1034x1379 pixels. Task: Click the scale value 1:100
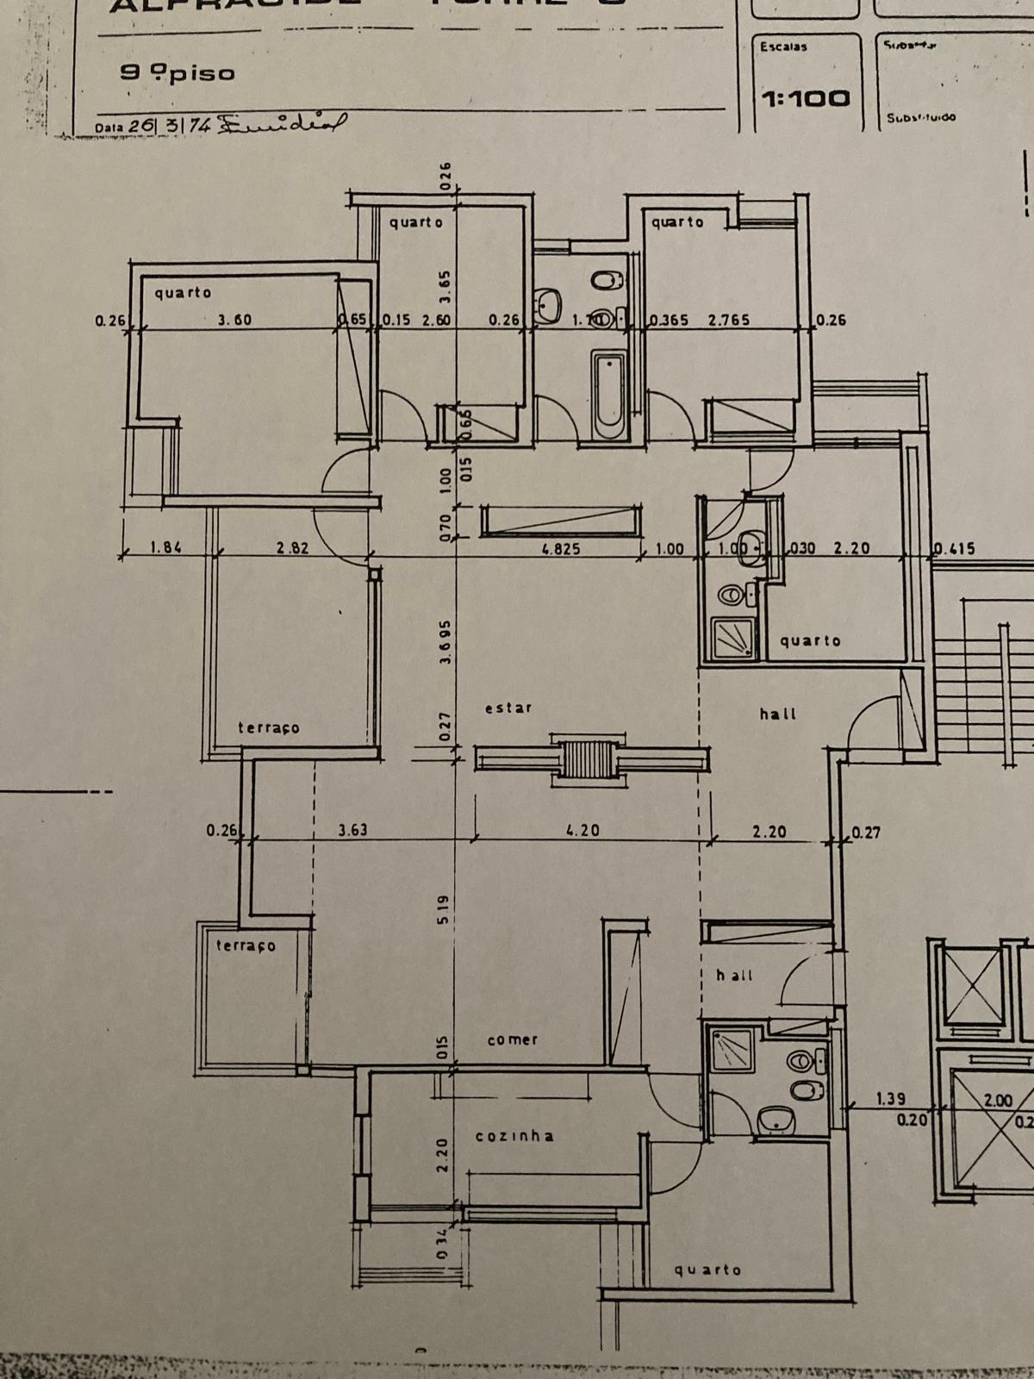click(x=806, y=98)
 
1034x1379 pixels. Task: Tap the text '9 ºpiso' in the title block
click(x=178, y=73)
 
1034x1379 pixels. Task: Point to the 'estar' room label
click(x=508, y=708)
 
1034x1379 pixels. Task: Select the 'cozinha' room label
click(x=514, y=1136)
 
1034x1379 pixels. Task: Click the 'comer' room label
click(x=513, y=1039)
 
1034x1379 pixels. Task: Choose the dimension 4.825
click(x=561, y=548)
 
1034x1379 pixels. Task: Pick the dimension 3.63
click(x=352, y=831)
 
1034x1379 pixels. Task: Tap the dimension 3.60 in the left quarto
click(x=234, y=320)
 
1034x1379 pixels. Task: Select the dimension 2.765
click(x=729, y=320)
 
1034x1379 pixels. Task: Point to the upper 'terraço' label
click(x=269, y=728)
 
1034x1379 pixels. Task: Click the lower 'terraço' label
click(x=246, y=945)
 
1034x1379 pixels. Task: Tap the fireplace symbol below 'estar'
click(x=590, y=759)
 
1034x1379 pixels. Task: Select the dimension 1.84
click(x=165, y=547)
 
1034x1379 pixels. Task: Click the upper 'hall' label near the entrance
click(x=778, y=714)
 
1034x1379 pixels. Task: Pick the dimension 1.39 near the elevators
click(x=890, y=1099)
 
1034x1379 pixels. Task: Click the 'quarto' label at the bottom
click(x=707, y=1270)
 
